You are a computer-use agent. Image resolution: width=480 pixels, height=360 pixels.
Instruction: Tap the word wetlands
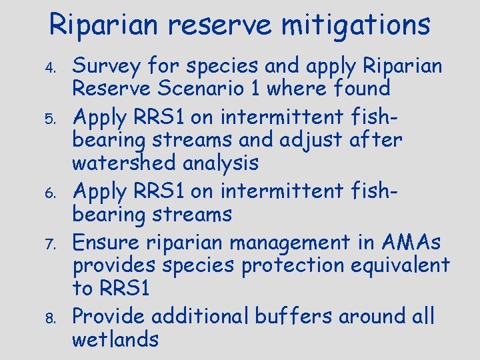115,339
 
